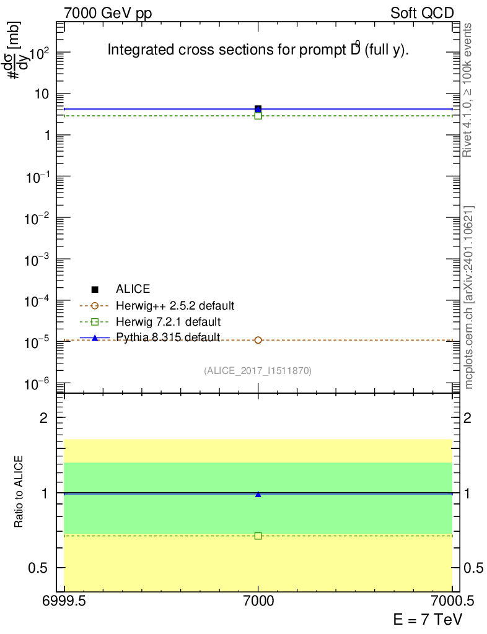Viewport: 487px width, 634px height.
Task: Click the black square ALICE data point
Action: coord(258,108)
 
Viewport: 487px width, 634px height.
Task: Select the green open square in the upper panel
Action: coord(258,116)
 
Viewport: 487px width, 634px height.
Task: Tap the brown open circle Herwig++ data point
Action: coord(258,340)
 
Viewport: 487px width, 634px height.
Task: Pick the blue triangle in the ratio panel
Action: coord(258,494)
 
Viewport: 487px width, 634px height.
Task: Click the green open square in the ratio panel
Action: coord(258,536)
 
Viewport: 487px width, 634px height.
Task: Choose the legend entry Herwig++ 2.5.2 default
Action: coord(175,305)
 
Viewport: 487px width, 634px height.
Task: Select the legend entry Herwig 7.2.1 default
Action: coord(168,321)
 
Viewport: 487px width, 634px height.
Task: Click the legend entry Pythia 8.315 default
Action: coord(168,337)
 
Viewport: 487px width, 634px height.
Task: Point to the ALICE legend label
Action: coord(133,289)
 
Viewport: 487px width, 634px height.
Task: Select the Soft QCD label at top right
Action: coord(422,13)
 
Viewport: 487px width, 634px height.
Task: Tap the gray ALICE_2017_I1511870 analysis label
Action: coord(257,371)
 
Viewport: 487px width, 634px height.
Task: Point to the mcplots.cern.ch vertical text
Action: coord(469,297)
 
